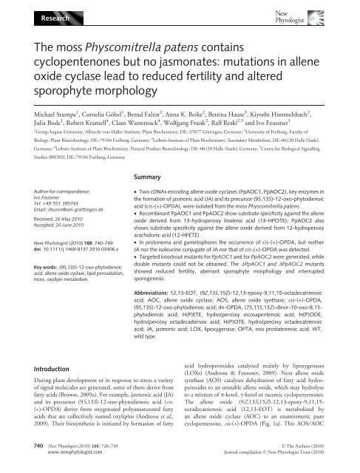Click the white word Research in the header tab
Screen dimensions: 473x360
point(29,14)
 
